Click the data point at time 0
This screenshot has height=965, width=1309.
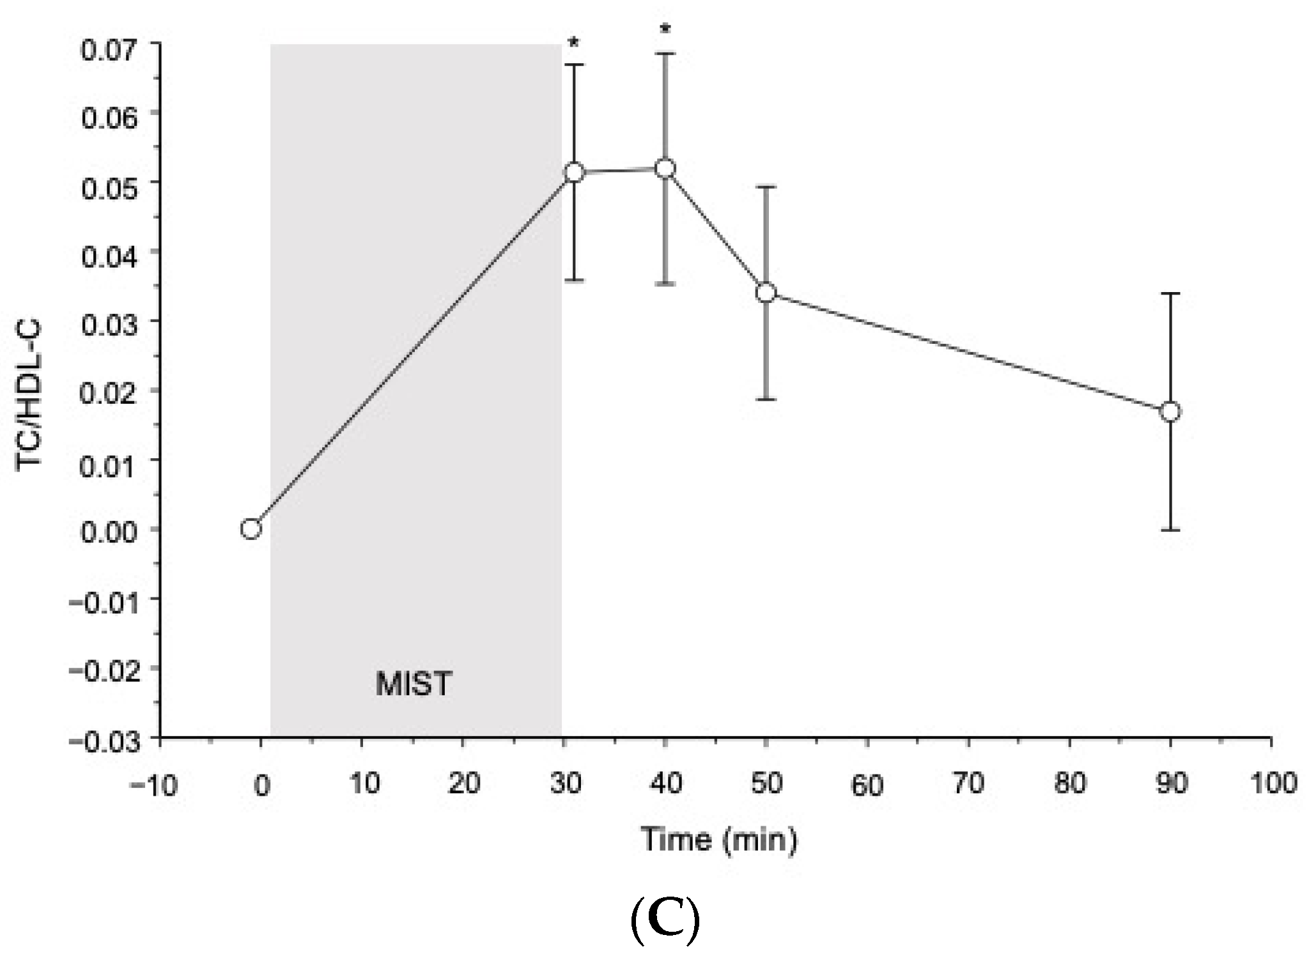coord(251,529)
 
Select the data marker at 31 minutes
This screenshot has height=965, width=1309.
coord(574,172)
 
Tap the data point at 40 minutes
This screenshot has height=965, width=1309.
coord(665,169)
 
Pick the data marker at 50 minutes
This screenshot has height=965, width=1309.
coord(766,293)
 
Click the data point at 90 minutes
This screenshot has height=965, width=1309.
coord(1170,412)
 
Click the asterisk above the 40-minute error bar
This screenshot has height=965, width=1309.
coord(665,29)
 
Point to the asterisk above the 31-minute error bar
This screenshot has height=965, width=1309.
coord(574,43)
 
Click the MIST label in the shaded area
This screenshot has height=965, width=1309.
coord(414,684)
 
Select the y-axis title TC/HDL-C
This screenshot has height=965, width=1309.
coord(29,395)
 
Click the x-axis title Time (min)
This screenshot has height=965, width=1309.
coord(719,839)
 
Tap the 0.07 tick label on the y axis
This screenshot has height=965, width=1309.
coord(109,49)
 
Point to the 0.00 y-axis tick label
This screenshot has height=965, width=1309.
coord(109,530)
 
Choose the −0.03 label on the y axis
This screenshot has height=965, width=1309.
coord(104,741)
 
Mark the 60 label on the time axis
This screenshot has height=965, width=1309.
coord(867,785)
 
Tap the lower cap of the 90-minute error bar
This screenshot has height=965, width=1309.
coord(1170,530)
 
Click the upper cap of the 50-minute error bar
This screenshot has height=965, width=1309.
coord(766,187)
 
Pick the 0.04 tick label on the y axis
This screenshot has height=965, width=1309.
coord(109,257)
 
